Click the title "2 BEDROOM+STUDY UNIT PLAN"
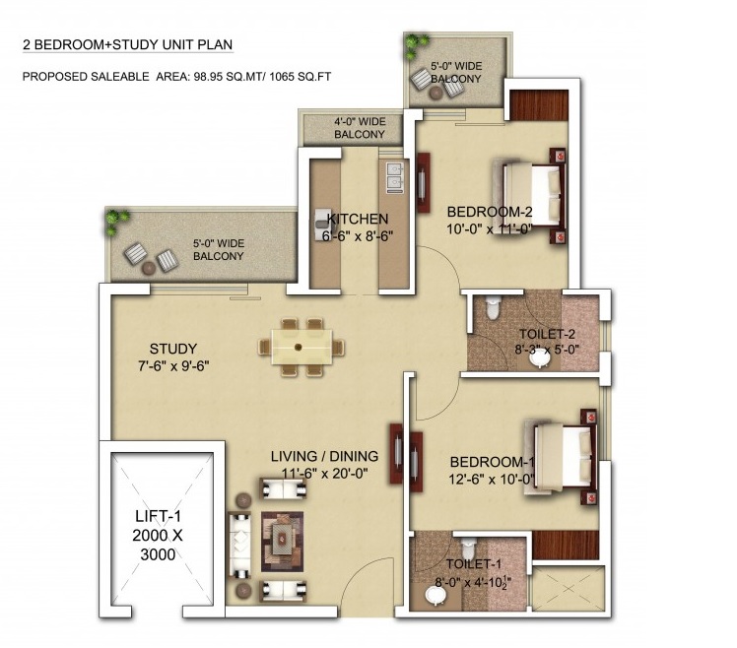[128, 44]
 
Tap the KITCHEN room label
[358, 219]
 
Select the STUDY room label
[173, 349]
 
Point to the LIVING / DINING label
[324, 456]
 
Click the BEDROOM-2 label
[490, 212]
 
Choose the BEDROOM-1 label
[492, 462]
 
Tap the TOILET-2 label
[547, 334]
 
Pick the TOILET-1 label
[474, 564]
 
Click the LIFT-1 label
[158, 516]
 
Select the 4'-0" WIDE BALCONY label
[360, 128]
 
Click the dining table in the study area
[301, 348]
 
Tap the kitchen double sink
[393, 176]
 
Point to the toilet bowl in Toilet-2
[492, 307]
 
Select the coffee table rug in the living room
[282, 542]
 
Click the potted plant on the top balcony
[416, 44]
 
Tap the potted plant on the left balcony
[115, 222]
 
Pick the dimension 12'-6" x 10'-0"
[492, 480]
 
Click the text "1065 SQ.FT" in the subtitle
[300, 77]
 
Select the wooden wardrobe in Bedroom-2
[539, 104]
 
